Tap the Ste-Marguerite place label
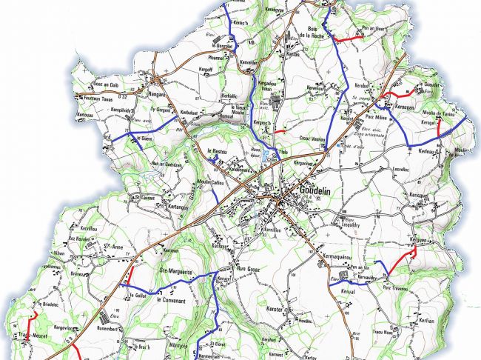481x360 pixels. [x=175, y=272]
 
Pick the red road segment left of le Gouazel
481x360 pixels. [x=400, y=94]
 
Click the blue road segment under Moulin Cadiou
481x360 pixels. [x=213, y=194]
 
